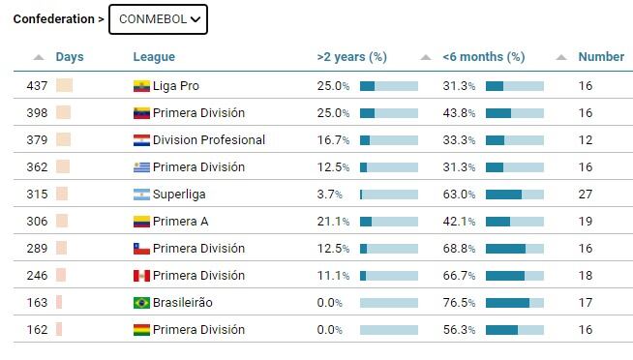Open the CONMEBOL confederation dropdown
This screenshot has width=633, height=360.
[158, 19]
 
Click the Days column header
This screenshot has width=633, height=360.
[70, 57]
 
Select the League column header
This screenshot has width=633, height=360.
[154, 57]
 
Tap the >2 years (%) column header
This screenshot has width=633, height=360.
[351, 57]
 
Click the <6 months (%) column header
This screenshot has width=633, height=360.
[484, 57]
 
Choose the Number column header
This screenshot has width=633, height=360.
[601, 57]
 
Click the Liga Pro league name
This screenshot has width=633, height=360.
[175, 86]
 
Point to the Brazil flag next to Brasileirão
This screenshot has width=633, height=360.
[141, 303]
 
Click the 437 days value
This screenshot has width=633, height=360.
[37, 86]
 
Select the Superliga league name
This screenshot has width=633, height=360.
[179, 195]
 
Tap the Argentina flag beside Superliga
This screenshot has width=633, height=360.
[141, 195]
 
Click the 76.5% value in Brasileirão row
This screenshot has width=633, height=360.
[459, 303]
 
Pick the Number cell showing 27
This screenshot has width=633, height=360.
[586, 195]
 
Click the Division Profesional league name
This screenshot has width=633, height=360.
[209, 140]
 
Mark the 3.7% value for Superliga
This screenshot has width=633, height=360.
[329, 195]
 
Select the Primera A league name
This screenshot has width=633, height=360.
[180, 222]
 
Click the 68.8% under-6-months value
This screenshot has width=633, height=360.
[459, 249]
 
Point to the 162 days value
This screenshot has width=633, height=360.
[37, 330]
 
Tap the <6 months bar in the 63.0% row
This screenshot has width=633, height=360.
[515, 195]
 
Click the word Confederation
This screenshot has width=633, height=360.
[53, 19]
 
